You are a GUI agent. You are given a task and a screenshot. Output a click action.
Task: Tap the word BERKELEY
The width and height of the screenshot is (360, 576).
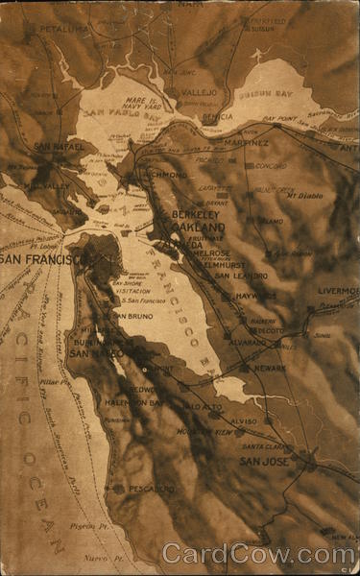coord(199,215)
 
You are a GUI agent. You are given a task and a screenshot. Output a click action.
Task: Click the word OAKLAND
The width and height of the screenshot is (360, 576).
coord(199,228)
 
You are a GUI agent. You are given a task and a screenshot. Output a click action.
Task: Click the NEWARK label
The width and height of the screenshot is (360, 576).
coord(270,368)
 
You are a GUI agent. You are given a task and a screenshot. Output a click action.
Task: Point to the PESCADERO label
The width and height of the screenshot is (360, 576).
coord(151,489)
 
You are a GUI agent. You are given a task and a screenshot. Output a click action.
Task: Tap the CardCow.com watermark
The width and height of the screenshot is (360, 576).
coord(258,554)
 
